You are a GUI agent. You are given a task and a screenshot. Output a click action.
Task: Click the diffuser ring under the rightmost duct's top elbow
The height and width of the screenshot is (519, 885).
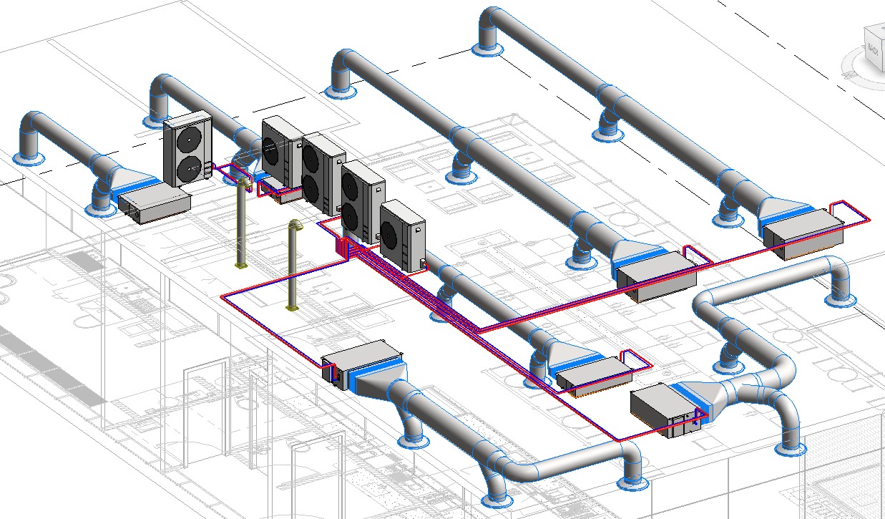(487, 49)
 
